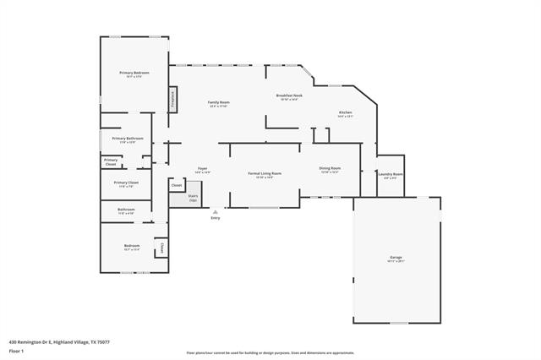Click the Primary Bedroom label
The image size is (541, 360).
134,74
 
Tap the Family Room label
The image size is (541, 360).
219,102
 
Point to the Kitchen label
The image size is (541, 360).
345,112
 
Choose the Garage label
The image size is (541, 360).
396,257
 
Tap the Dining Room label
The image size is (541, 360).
330,168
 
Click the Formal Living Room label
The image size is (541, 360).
265,173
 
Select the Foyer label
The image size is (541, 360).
203,169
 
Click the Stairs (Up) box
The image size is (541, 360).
181,197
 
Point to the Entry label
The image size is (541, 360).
216,218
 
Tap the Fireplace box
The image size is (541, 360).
171,100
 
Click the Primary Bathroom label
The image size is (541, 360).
128,138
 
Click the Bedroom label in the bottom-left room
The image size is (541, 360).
132,246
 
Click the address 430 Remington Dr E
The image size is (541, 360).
59,342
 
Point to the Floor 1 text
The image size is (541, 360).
16,350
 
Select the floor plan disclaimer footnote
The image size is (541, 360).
270,352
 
